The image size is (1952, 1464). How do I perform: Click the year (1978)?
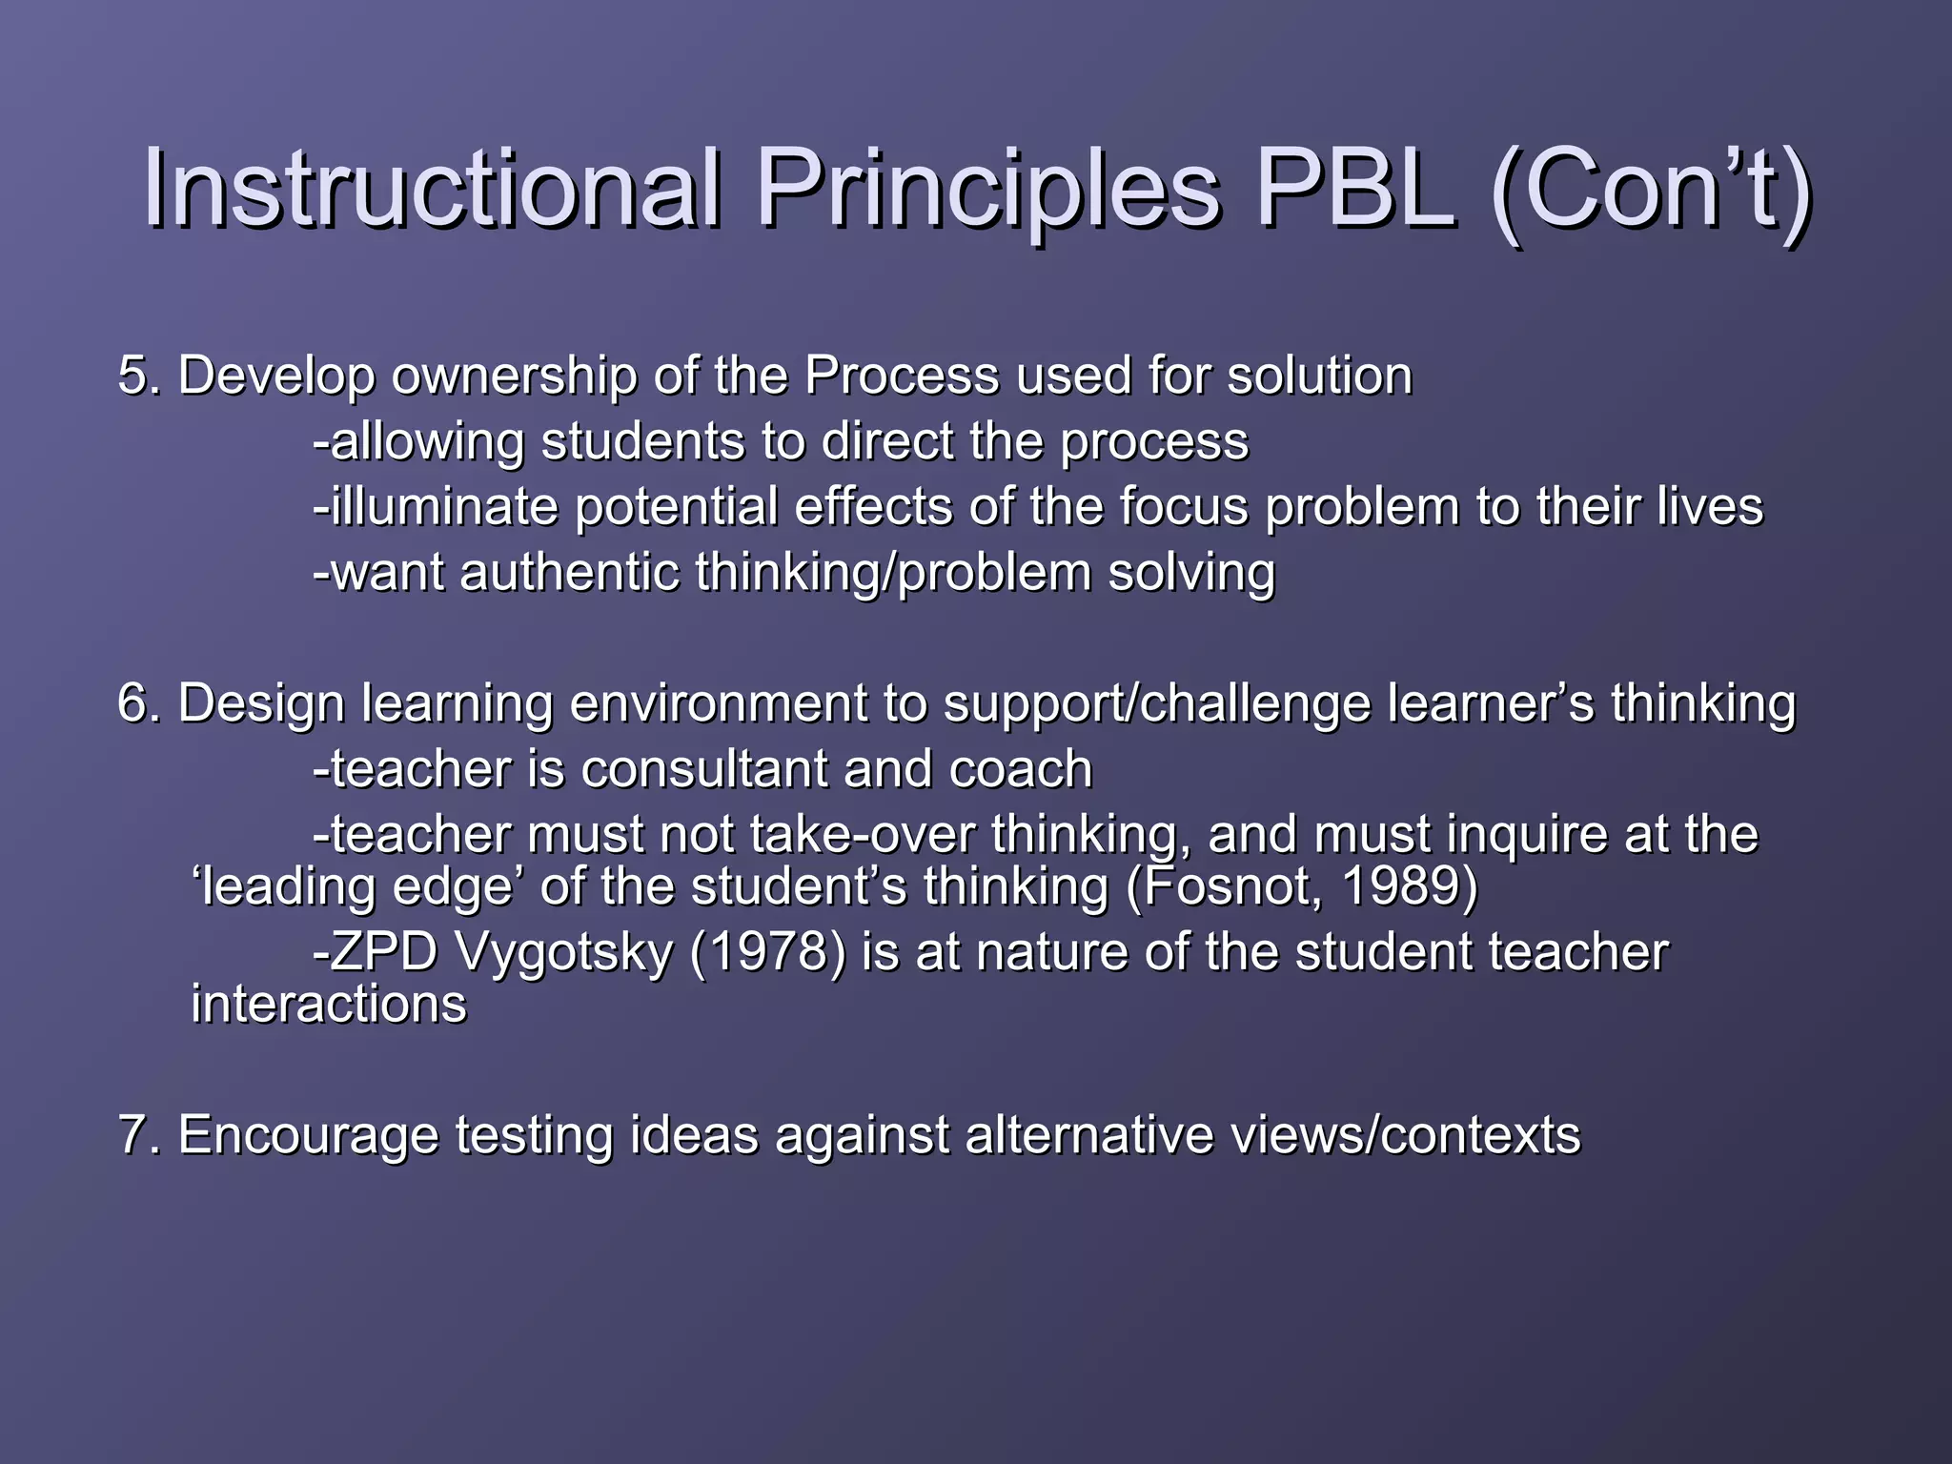click(766, 952)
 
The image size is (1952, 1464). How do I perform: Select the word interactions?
click(329, 1005)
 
